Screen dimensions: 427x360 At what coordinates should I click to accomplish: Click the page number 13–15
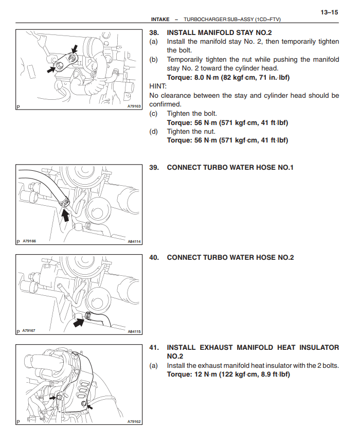pyautogui.click(x=329, y=12)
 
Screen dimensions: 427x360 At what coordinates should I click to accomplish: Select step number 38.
pyautogui.click(x=154, y=32)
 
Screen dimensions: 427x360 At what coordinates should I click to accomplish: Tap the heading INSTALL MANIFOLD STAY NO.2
pyautogui.click(x=220, y=32)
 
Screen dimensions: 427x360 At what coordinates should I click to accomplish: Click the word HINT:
pyautogui.click(x=157, y=86)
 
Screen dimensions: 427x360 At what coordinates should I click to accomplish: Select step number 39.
pyautogui.click(x=154, y=168)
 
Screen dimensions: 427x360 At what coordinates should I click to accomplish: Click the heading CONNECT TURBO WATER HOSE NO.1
pyautogui.click(x=230, y=168)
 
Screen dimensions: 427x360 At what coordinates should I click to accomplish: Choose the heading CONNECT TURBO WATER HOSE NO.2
pyautogui.click(x=230, y=258)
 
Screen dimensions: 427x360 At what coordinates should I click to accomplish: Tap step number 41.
pyautogui.click(x=154, y=348)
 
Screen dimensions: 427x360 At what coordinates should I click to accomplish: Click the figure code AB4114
pyautogui.click(x=134, y=241)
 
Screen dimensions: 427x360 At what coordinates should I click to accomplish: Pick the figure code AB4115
pyautogui.click(x=134, y=332)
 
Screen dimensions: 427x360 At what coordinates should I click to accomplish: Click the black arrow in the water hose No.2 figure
pyautogui.click(x=79, y=323)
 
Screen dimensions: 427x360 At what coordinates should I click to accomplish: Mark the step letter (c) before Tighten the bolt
pyautogui.click(x=153, y=113)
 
